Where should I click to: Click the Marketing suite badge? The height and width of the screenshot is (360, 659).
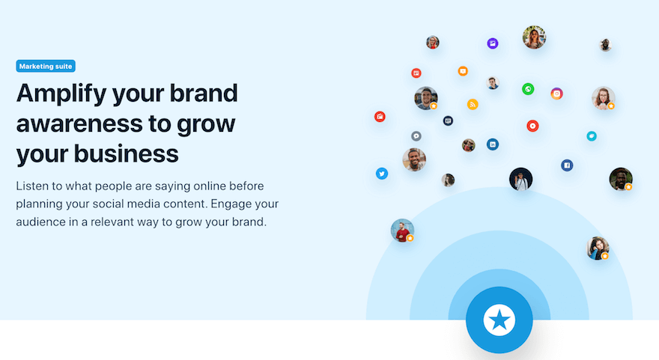[46, 67]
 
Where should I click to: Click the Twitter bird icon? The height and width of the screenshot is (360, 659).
[382, 174]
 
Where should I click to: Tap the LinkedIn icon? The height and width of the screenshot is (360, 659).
[493, 144]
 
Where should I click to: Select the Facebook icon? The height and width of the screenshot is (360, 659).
[567, 165]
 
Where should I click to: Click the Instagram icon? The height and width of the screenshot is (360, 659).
[556, 94]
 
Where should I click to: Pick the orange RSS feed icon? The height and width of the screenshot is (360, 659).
[473, 104]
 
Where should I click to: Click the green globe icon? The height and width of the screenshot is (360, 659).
[528, 89]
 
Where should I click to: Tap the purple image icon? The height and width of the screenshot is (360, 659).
[493, 43]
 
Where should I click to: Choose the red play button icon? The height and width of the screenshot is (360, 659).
[532, 126]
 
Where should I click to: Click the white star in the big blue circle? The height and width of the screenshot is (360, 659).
[499, 320]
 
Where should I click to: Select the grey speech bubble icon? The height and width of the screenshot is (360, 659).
[416, 136]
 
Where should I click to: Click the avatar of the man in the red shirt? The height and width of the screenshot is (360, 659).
[402, 230]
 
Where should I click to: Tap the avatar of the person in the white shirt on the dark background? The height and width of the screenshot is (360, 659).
[520, 179]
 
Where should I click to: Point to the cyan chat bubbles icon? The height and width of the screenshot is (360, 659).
[592, 136]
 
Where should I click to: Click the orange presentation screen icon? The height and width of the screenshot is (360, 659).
[463, 71]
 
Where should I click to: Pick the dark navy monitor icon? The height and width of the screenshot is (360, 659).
[448, 120]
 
